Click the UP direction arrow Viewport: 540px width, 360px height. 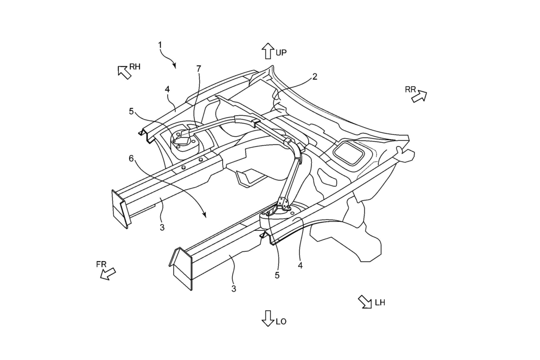point(268,51)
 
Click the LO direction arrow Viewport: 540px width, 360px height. point(268,319)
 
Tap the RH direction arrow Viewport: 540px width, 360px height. point(124,72)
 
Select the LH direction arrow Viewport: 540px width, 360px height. point(365,302)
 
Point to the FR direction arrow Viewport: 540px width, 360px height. point(108,274)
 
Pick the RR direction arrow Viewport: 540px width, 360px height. point(419,97)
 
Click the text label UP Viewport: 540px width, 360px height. point(281,53)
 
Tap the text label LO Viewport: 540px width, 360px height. point(281,322)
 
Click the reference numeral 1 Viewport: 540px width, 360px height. point(160,45)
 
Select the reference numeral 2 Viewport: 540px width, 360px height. point(315,76)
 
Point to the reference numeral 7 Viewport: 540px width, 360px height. point(198,69)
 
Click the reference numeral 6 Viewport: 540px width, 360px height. point(131,158)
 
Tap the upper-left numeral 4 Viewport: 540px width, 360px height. point(167,90)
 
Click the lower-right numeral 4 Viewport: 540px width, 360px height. point(300,265)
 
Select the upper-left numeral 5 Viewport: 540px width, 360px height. point(131,111)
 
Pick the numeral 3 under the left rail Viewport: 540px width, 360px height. point(162,227)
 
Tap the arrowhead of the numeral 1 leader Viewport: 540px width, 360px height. point(175,66)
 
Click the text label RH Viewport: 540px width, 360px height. point(135,67)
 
